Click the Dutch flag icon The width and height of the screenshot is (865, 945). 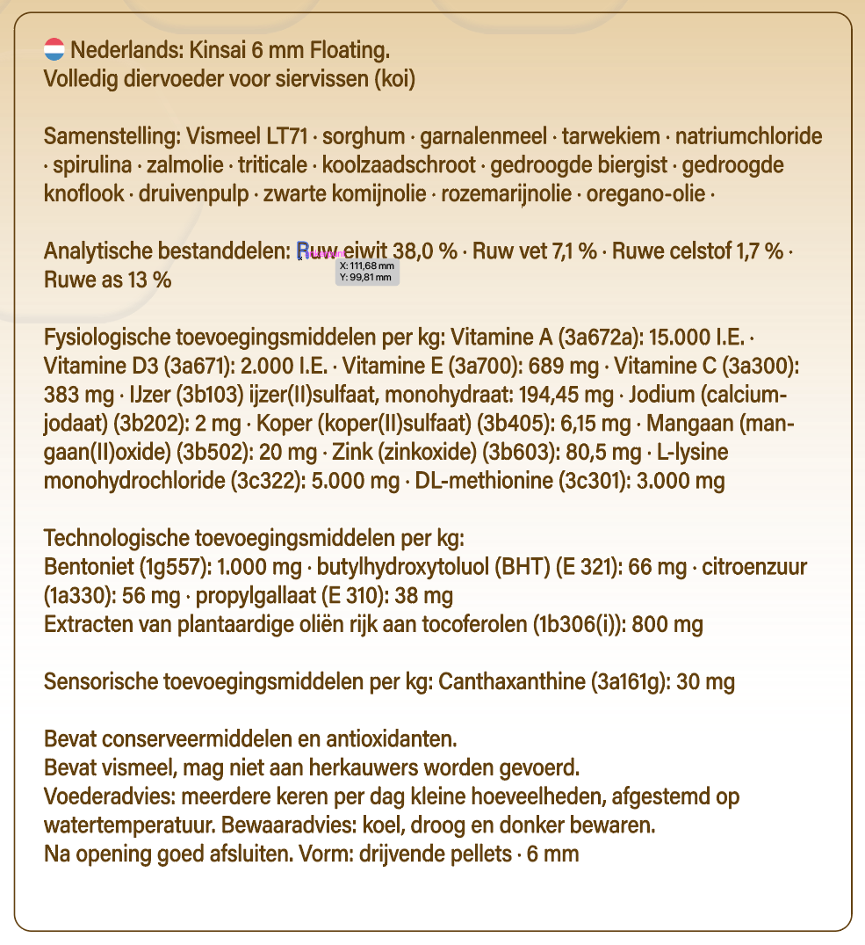pos(54,49)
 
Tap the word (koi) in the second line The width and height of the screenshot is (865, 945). pos(394,79)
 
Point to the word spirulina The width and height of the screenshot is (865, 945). pos(92,165)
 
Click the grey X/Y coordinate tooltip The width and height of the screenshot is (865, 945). pos(368,272)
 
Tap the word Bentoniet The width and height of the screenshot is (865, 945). pos(85,568)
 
